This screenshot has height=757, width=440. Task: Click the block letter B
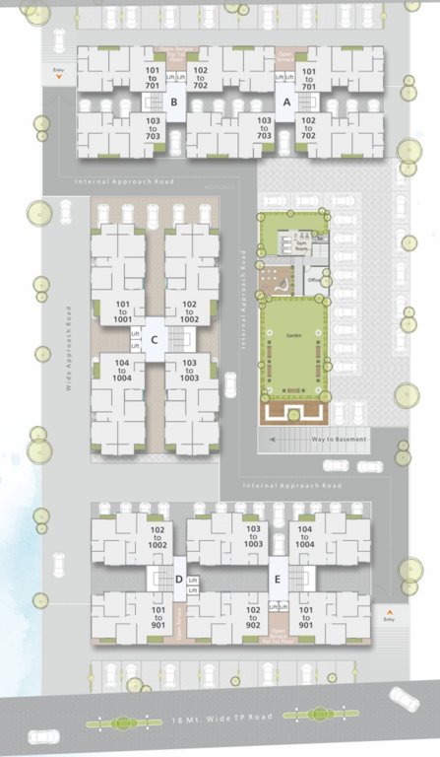coord(173,102)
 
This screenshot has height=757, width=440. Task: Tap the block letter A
coord(287,102)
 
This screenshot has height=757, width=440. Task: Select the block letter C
coord(156,340)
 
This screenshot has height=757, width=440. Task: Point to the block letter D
coord(179,580)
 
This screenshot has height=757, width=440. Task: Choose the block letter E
coord(278,580)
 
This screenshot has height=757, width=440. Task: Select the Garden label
coord(293,335)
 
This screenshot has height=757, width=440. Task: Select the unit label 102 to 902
coord(225,618)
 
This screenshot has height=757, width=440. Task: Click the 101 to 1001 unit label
coord(123,311)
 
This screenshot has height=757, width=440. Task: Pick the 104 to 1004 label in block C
coord(123,371)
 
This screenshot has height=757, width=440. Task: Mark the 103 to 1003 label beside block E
coord(254,536)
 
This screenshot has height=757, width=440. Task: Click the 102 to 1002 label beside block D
coord(157,536)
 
